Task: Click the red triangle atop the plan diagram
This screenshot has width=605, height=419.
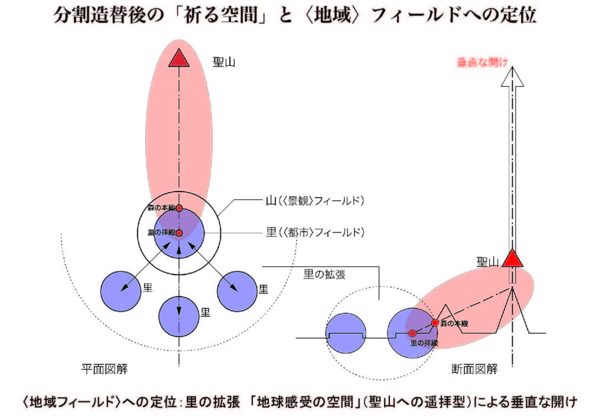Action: point(178,59)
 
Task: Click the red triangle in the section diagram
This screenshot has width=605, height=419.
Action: point(513,258)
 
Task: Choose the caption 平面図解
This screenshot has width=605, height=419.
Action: point(105,369)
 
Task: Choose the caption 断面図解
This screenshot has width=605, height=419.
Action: point(474,369)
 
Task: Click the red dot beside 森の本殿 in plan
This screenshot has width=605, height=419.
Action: point(179,208)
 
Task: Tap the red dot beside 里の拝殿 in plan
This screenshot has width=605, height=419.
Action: point(179,233)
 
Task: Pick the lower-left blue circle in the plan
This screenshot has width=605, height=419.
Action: point(121,290)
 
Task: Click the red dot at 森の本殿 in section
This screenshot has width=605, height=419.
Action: point(435,323)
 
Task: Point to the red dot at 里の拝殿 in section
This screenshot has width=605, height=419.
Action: point(412,334)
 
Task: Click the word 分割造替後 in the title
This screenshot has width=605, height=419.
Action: point(94,15)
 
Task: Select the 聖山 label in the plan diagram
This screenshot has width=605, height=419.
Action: point(225,61)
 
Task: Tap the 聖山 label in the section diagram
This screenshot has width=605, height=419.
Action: point(488,261)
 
